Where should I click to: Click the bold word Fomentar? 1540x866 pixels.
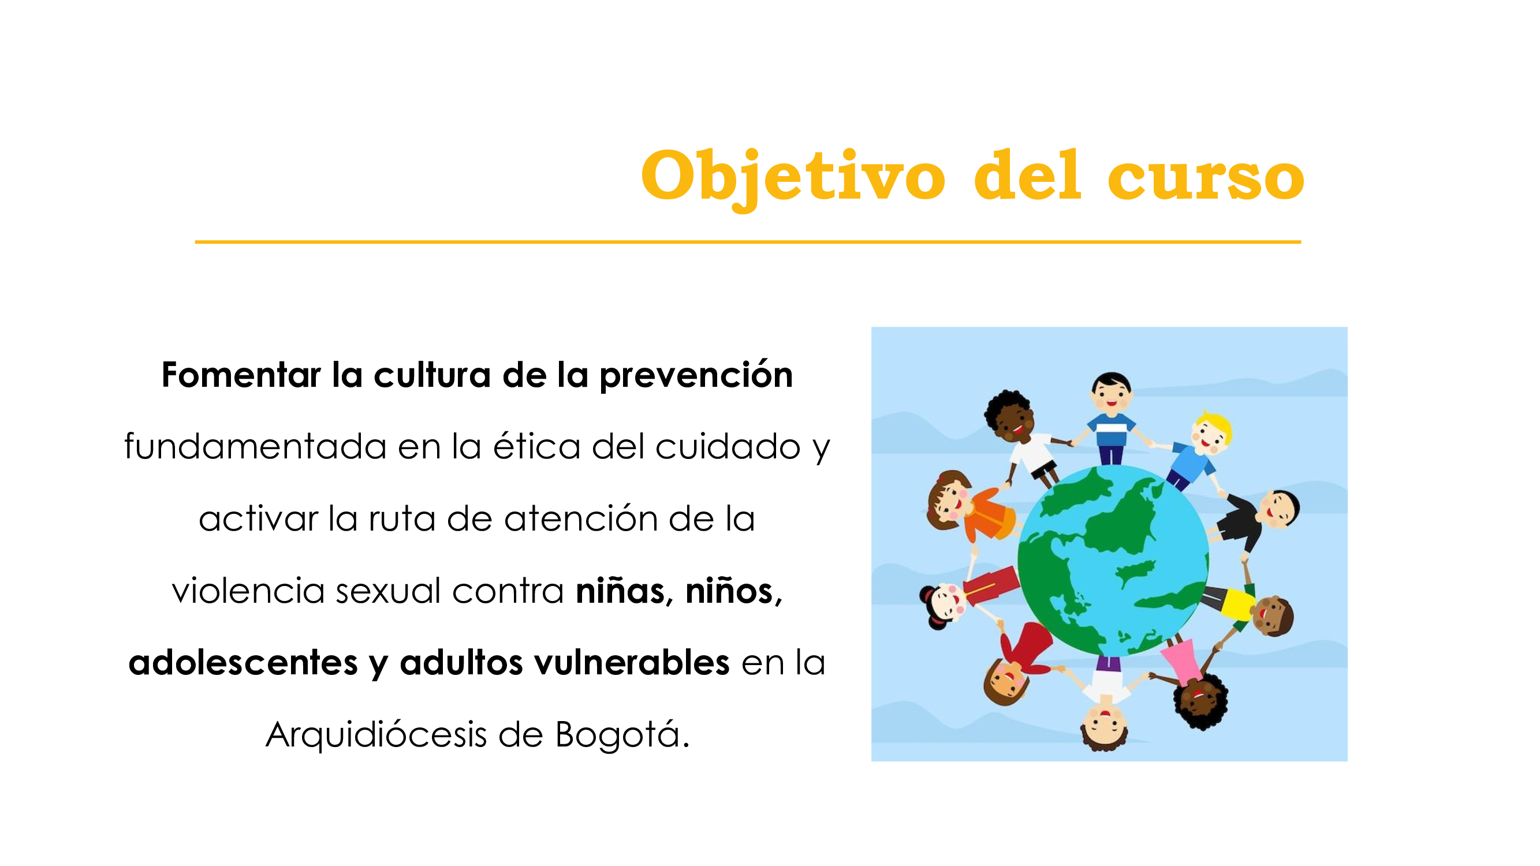click(241, 375)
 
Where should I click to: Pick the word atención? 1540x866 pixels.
click(580, 518)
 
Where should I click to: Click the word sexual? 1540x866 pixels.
click(389, 591)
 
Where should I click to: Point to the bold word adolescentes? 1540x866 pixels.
click(243, 663)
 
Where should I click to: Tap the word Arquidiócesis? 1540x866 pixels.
click(376, 735)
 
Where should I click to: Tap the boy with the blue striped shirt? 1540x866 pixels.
click(1111, 419)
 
